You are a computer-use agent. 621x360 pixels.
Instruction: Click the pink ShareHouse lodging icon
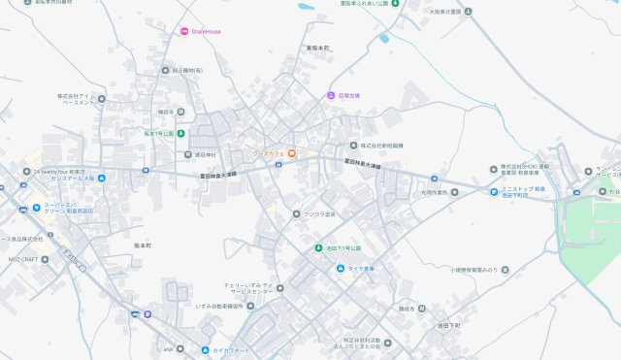[184, 31]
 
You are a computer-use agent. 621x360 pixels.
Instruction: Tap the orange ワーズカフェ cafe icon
[290, 153]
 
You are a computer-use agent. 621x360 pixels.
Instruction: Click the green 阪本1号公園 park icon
[180, 133]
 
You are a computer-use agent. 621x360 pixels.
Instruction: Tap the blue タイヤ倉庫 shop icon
[340, 268]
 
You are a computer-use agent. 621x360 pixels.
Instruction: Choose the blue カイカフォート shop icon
[205, 349]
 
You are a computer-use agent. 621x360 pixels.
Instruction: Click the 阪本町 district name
[143, 245]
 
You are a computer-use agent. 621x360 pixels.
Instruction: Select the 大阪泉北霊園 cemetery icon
[468, 12]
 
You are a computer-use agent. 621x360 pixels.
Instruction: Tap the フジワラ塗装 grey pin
[297, 213]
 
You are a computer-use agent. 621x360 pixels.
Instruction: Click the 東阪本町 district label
[317, 48]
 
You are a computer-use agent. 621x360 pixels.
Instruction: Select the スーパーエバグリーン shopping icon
[36, 206]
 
